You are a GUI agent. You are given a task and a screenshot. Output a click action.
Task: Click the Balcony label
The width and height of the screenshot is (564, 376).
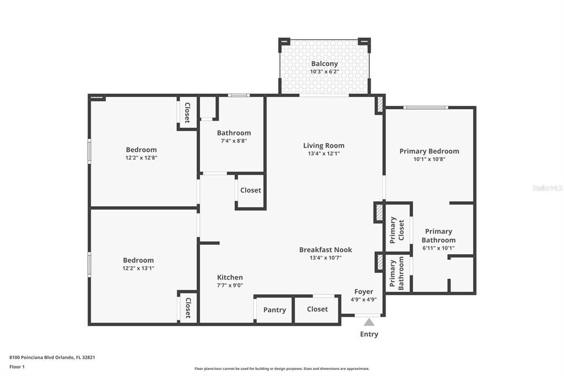pos(324,64)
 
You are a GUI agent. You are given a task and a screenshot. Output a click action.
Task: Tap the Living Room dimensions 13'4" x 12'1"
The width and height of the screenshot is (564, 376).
pos(323,154)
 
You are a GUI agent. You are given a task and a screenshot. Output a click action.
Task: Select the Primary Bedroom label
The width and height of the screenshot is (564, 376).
pos(429,151)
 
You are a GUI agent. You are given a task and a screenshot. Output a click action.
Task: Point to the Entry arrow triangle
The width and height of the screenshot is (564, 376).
pos(369,323)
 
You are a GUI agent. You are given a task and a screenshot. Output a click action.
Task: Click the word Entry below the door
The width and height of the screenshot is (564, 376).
pos(369,334)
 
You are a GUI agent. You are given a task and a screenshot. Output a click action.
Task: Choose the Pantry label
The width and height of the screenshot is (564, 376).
pos(274,310)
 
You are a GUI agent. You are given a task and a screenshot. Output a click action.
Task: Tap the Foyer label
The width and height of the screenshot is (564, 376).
pos(364,292)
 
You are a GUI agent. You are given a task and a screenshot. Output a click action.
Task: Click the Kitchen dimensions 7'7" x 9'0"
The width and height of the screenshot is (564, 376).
pos(230,286)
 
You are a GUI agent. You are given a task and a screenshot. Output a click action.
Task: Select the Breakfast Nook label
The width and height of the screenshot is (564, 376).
pos(326,250)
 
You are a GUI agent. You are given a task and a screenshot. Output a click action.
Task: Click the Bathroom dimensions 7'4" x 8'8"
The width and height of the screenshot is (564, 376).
pos(234,141)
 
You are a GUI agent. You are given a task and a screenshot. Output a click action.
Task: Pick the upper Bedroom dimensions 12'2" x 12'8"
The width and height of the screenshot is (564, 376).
pos(141,158)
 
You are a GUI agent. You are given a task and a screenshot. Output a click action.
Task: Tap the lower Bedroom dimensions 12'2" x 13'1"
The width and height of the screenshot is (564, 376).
pos(138,268)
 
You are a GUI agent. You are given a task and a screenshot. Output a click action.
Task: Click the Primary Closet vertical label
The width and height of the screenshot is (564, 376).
pos(397,229)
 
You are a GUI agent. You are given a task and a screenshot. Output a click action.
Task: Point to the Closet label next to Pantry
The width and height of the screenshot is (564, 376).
pos(317,309)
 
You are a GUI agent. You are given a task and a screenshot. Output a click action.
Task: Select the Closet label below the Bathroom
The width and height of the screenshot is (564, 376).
pos(251,190)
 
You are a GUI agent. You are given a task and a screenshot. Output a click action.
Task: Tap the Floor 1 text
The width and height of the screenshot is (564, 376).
pos(17,367)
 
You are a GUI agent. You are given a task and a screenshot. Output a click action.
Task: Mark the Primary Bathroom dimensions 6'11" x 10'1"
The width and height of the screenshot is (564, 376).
pos(438,248)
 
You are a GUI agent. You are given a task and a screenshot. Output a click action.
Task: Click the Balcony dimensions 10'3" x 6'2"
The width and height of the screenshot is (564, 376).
pos(324,72)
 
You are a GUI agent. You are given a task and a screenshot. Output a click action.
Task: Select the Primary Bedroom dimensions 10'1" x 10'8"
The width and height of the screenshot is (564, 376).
pos(429,159)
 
